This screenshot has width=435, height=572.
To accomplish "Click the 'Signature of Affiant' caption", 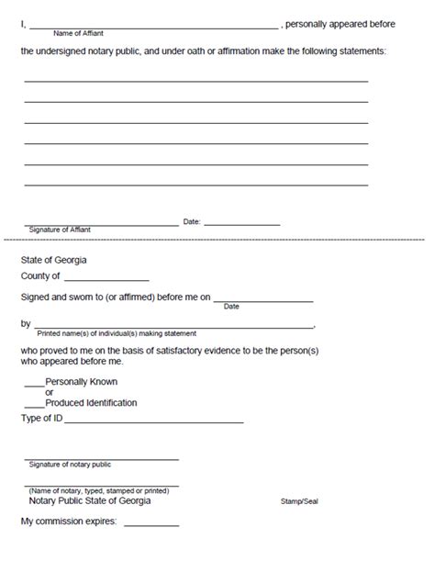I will coord(60,230).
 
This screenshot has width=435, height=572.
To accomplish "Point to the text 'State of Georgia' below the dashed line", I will coord(54,260).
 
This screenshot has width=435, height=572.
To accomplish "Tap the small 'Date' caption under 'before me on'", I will coord(231,307).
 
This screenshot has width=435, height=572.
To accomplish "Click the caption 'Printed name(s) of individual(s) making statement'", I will coord(116,332).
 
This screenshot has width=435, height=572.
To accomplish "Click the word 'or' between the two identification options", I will coord(50,392).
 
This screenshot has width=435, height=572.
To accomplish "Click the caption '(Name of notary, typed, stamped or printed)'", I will coord(97,491).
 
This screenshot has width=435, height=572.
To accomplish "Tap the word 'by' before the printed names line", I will coord(26,324).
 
